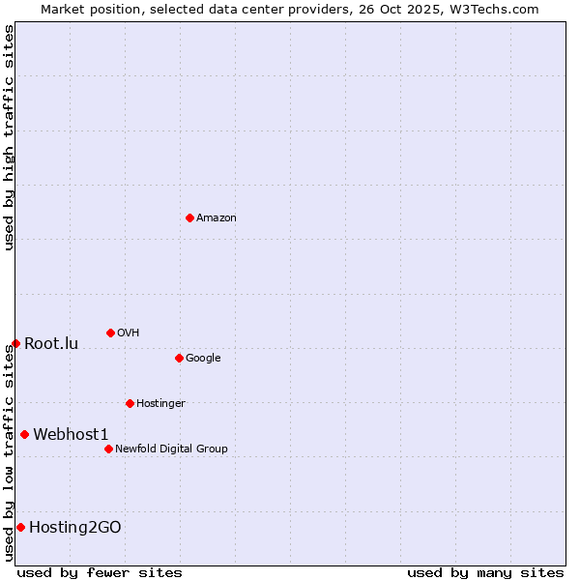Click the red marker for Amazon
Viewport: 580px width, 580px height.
189,217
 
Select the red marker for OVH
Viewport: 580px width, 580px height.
110,333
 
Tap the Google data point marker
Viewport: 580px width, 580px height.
179,358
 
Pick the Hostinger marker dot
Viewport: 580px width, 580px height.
130,403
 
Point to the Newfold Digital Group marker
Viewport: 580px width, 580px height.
108,449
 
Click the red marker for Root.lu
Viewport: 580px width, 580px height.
15,343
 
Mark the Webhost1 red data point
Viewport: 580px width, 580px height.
24,434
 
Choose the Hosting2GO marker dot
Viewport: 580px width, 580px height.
20,527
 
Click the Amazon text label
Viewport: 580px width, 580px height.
217,218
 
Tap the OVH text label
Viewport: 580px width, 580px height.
129,333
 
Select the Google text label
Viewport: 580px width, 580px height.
203,359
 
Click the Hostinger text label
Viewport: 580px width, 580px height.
160,404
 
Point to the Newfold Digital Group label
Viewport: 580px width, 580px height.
171,449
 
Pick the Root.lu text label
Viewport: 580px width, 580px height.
51,344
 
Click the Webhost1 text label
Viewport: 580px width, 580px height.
71,435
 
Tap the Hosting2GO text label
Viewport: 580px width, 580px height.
75,528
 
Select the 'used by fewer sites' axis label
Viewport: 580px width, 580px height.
100,572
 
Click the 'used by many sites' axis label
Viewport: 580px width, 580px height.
485,572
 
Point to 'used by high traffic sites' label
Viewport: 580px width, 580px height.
9,137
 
